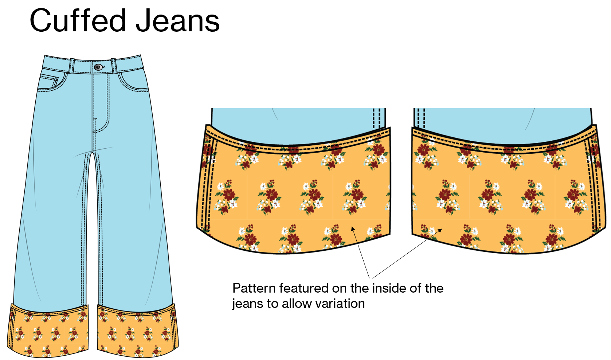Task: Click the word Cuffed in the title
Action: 78,20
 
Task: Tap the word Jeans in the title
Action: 177,20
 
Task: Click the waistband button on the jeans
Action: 98,67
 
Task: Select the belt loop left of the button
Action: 72,66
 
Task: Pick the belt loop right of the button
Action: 114,66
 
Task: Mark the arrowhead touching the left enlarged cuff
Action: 353,228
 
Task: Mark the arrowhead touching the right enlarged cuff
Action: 440,230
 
